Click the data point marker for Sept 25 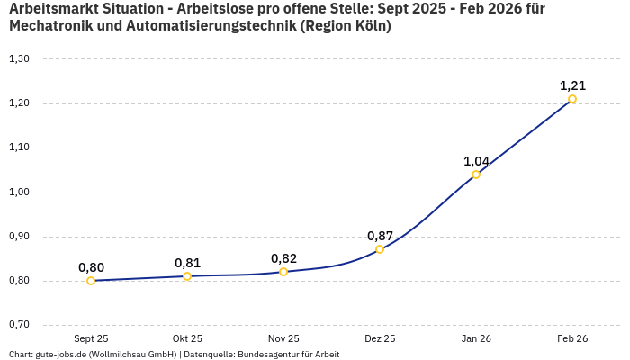point(91,281)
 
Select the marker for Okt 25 point(187,276)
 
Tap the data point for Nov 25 point(283,272)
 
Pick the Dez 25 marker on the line point(380,249)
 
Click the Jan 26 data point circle point(476,175)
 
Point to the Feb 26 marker point(572,99)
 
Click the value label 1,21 point(572,85)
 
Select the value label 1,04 point(476,161)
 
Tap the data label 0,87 point(380,236)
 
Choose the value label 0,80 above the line point(91,267)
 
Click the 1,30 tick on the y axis point(19,59)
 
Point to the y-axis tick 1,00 point(19,193)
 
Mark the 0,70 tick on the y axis point(19,325)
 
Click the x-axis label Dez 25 point(380,339)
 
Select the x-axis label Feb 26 point(572,339)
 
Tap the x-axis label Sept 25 point(91,339)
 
